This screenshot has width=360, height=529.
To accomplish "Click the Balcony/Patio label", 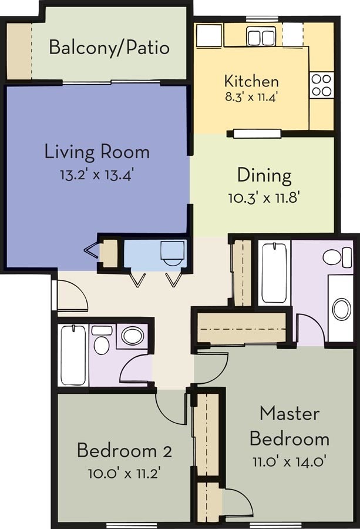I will pos(109,47).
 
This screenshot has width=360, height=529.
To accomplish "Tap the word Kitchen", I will pos(251,81).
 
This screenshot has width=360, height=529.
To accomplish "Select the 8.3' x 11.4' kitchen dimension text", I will pos(251,96).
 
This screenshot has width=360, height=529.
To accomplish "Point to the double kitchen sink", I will pos(261,37).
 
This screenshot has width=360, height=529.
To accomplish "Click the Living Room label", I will pos(97,152).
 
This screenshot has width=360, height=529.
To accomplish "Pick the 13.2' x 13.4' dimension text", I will pos(97,174).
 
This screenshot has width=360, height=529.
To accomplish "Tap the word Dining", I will pos(264,175).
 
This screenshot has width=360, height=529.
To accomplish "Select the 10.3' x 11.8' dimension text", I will pos(264,197).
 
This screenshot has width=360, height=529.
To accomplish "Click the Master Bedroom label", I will pos(289,426).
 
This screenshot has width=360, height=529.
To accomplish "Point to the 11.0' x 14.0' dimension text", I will pos(289,461).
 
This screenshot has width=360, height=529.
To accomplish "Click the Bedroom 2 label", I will pos(124,451).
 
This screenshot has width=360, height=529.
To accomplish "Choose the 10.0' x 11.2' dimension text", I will pos(124,472).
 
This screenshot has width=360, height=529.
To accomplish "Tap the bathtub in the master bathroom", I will pos(274,272).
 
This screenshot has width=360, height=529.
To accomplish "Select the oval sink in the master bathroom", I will pos(341,309).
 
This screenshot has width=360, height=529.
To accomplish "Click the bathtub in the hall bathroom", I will pos(73,356).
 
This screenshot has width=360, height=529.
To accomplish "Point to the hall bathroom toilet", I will pos(102,341).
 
